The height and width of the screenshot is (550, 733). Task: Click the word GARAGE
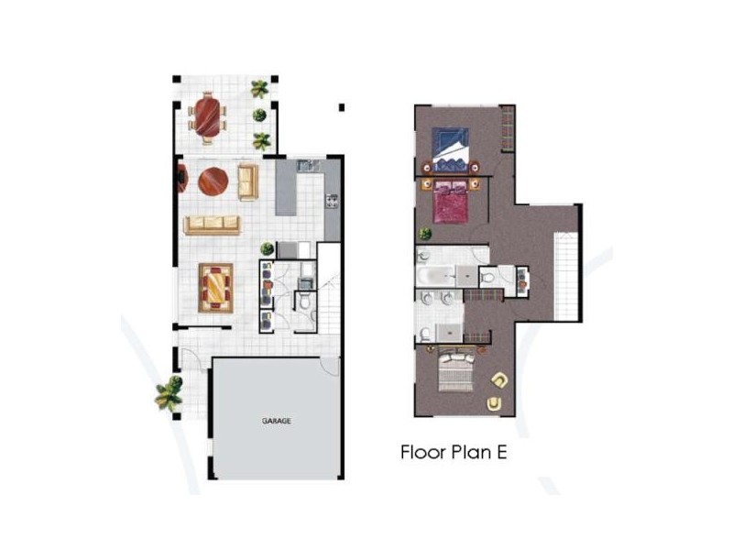click(x=276, y=422)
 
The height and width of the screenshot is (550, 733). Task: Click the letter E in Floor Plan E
click(x=515, y=452)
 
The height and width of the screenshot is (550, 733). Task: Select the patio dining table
click(x=209, y=116)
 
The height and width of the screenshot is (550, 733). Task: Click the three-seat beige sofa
click(x=212, y=225)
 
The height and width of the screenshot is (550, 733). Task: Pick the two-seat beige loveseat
click(x=247, y=181)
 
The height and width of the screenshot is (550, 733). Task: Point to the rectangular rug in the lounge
click(x=216, y=287)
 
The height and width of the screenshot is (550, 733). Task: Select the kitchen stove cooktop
click(x=330, y=199)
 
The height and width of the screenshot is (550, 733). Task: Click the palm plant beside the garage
click(x=169, y=393)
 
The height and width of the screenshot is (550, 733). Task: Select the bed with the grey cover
click(x=457, y=371)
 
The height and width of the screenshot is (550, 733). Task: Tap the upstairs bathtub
click(x=434, y=275)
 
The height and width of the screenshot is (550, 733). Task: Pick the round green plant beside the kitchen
click(x=268, y=248)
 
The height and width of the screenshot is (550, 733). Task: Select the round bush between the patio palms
click(x=260, y=115)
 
